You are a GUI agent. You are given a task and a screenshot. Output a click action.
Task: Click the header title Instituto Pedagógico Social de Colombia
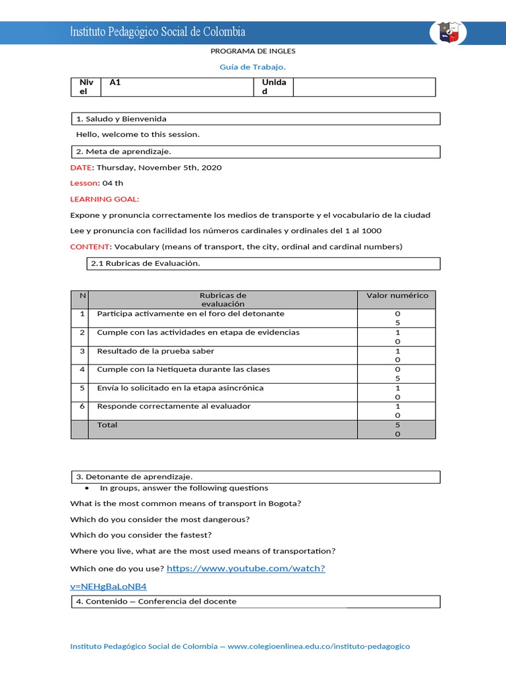coord(158,32)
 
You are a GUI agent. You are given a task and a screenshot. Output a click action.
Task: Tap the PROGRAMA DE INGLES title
coord(253,51)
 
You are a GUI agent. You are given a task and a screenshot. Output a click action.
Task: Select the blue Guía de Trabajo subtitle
coord(252,66)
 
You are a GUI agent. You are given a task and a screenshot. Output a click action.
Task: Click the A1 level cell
coord(115,82)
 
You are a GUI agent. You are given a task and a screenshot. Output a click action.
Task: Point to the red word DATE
coord(81,168)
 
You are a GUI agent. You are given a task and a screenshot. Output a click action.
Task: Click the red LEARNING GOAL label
coord(105,199)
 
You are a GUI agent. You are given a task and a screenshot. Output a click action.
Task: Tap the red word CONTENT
coord(90,247)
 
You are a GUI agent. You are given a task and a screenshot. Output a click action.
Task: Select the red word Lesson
coord(84,184)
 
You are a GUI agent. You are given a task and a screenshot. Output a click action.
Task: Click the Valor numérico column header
coord(397,296)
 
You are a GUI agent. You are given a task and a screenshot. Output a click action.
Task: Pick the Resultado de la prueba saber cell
coord(147,351)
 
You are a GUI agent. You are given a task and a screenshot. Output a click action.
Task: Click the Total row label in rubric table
coord(107,425)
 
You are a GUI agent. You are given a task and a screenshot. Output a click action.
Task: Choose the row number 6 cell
coord(82,407)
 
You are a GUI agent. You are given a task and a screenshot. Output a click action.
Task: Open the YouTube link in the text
coord(246,568)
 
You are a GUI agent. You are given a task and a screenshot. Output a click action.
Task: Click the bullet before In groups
coord(88,489)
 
